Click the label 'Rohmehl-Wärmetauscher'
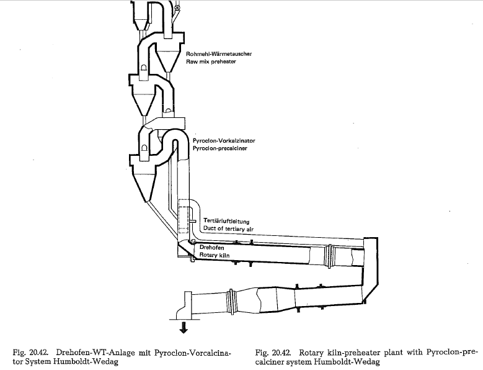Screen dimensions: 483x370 (219, 54)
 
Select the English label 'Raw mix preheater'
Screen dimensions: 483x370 (211, 61)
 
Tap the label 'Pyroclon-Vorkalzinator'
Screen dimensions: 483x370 (224, 140)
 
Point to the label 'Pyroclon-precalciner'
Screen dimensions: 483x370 (220, 148)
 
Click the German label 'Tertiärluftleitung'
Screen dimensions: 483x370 (226, 222)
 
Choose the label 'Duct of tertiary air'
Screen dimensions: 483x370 (228, 229)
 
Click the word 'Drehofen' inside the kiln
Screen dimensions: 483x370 (211, 248)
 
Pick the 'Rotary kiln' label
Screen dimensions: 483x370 (215, 255)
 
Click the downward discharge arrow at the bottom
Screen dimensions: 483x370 (184, 327)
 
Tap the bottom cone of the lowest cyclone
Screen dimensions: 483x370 (144, 187)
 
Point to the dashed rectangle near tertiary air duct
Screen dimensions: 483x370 (184, 216)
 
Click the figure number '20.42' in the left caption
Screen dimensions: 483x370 (39, 353)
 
